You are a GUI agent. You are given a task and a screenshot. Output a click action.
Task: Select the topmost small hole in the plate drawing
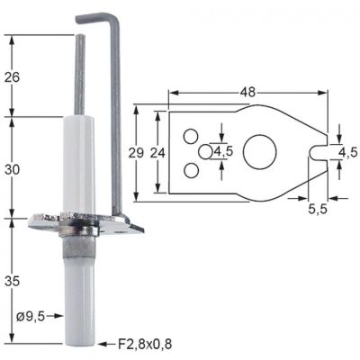[191, 136]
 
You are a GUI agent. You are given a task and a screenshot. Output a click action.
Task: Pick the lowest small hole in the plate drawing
[191, 169]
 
